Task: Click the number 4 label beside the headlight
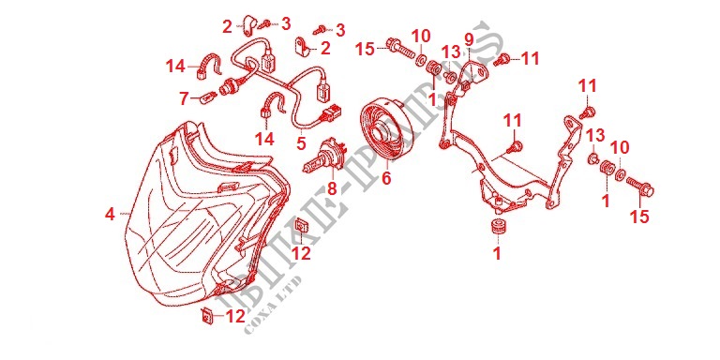coord(110,215)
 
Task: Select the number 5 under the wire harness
coord(301,143)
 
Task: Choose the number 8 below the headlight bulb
coord(330,188)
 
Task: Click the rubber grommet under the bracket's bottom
coord(498,229)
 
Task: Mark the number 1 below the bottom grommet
coord(498,253)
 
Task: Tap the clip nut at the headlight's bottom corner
coord(205,316)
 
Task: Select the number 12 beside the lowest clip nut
coord(235,318)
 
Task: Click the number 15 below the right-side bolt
coord(640,218)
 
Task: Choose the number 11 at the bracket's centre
coord(512,120)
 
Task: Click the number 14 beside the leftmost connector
coord(175,66)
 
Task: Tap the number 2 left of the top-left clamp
coord(227,27)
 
